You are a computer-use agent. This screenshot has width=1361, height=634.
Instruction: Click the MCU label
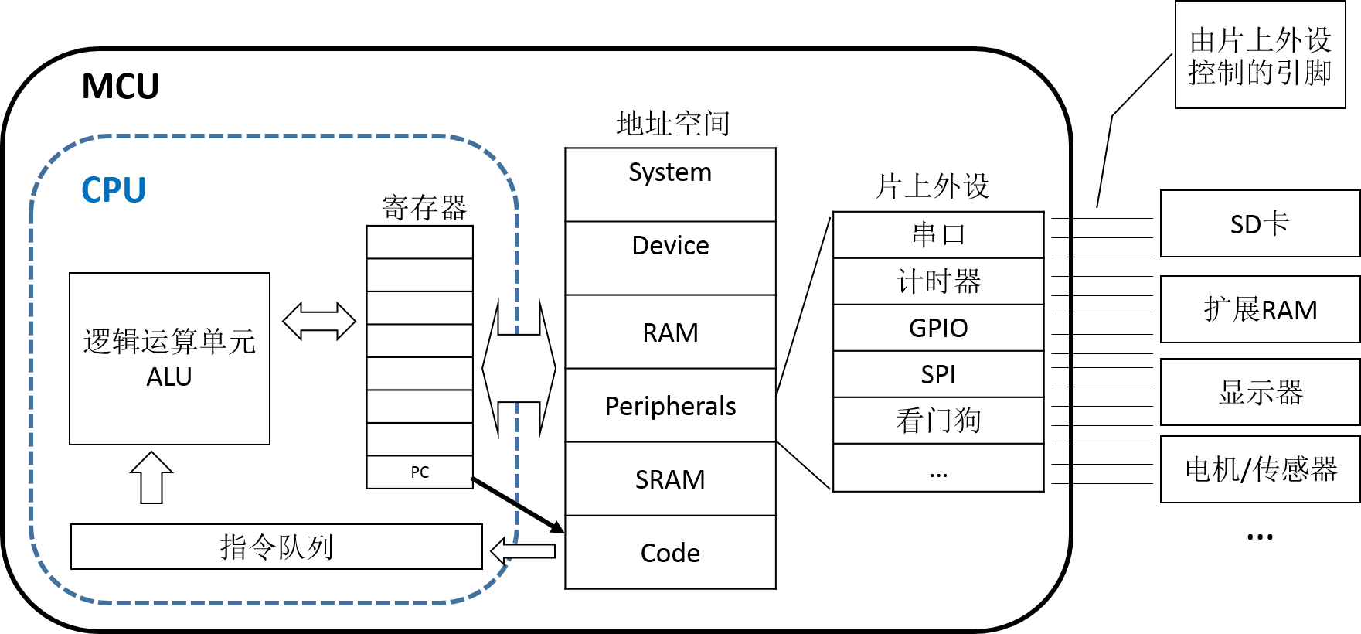pos(121,87)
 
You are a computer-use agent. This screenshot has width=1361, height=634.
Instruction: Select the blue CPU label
pos(114,190)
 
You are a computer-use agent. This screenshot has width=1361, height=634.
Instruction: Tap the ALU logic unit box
pos(169,359)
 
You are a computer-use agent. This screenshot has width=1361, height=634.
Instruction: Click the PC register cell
pos(420,472)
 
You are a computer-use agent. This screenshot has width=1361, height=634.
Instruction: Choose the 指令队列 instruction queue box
pos(276,547)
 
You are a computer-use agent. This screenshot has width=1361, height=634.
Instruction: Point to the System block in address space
pos(670,184)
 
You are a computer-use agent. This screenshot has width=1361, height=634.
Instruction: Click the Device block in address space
pos(670,257)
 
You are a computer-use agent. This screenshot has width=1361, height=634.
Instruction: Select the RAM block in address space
pos(670,332)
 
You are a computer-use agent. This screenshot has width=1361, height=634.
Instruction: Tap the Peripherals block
pos(670,405)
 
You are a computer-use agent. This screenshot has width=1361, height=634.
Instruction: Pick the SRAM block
pos(670,479)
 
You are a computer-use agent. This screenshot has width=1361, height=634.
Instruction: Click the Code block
pos(670,552)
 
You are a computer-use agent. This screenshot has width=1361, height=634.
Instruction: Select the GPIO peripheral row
pos(938,328)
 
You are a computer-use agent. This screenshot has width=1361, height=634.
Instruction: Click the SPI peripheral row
pos(938,374)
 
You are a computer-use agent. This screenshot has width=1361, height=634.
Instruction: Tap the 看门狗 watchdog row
pos(938,421)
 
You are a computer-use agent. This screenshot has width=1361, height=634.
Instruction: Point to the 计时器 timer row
pos(938,281)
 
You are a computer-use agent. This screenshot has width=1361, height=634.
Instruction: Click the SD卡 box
pos(1260,223)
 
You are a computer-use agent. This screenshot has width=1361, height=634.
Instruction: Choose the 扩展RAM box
pos(1260,309)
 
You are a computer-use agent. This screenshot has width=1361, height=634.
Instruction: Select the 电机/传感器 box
pos(1260,469)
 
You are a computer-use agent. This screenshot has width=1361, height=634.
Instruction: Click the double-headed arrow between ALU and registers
pos(318,322)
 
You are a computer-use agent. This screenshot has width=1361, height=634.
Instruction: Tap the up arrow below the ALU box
pos(151,477)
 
